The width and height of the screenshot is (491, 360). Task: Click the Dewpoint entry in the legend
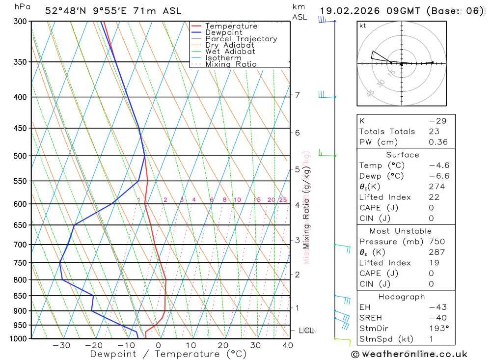pyautogui.click(x=223, y=32)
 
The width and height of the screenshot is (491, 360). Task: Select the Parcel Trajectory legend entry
pyautogui.click(x=241, y=39)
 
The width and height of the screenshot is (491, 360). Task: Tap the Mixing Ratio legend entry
pyautogui.click(x=231, y=64)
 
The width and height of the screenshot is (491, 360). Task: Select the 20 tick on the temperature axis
pyautogui.click(x=223, y=345)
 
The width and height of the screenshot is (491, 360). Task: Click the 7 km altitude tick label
pyautogui.click(x=298, y=95)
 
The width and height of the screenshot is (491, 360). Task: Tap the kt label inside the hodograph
pyautogui.click(x=363, y=26)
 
